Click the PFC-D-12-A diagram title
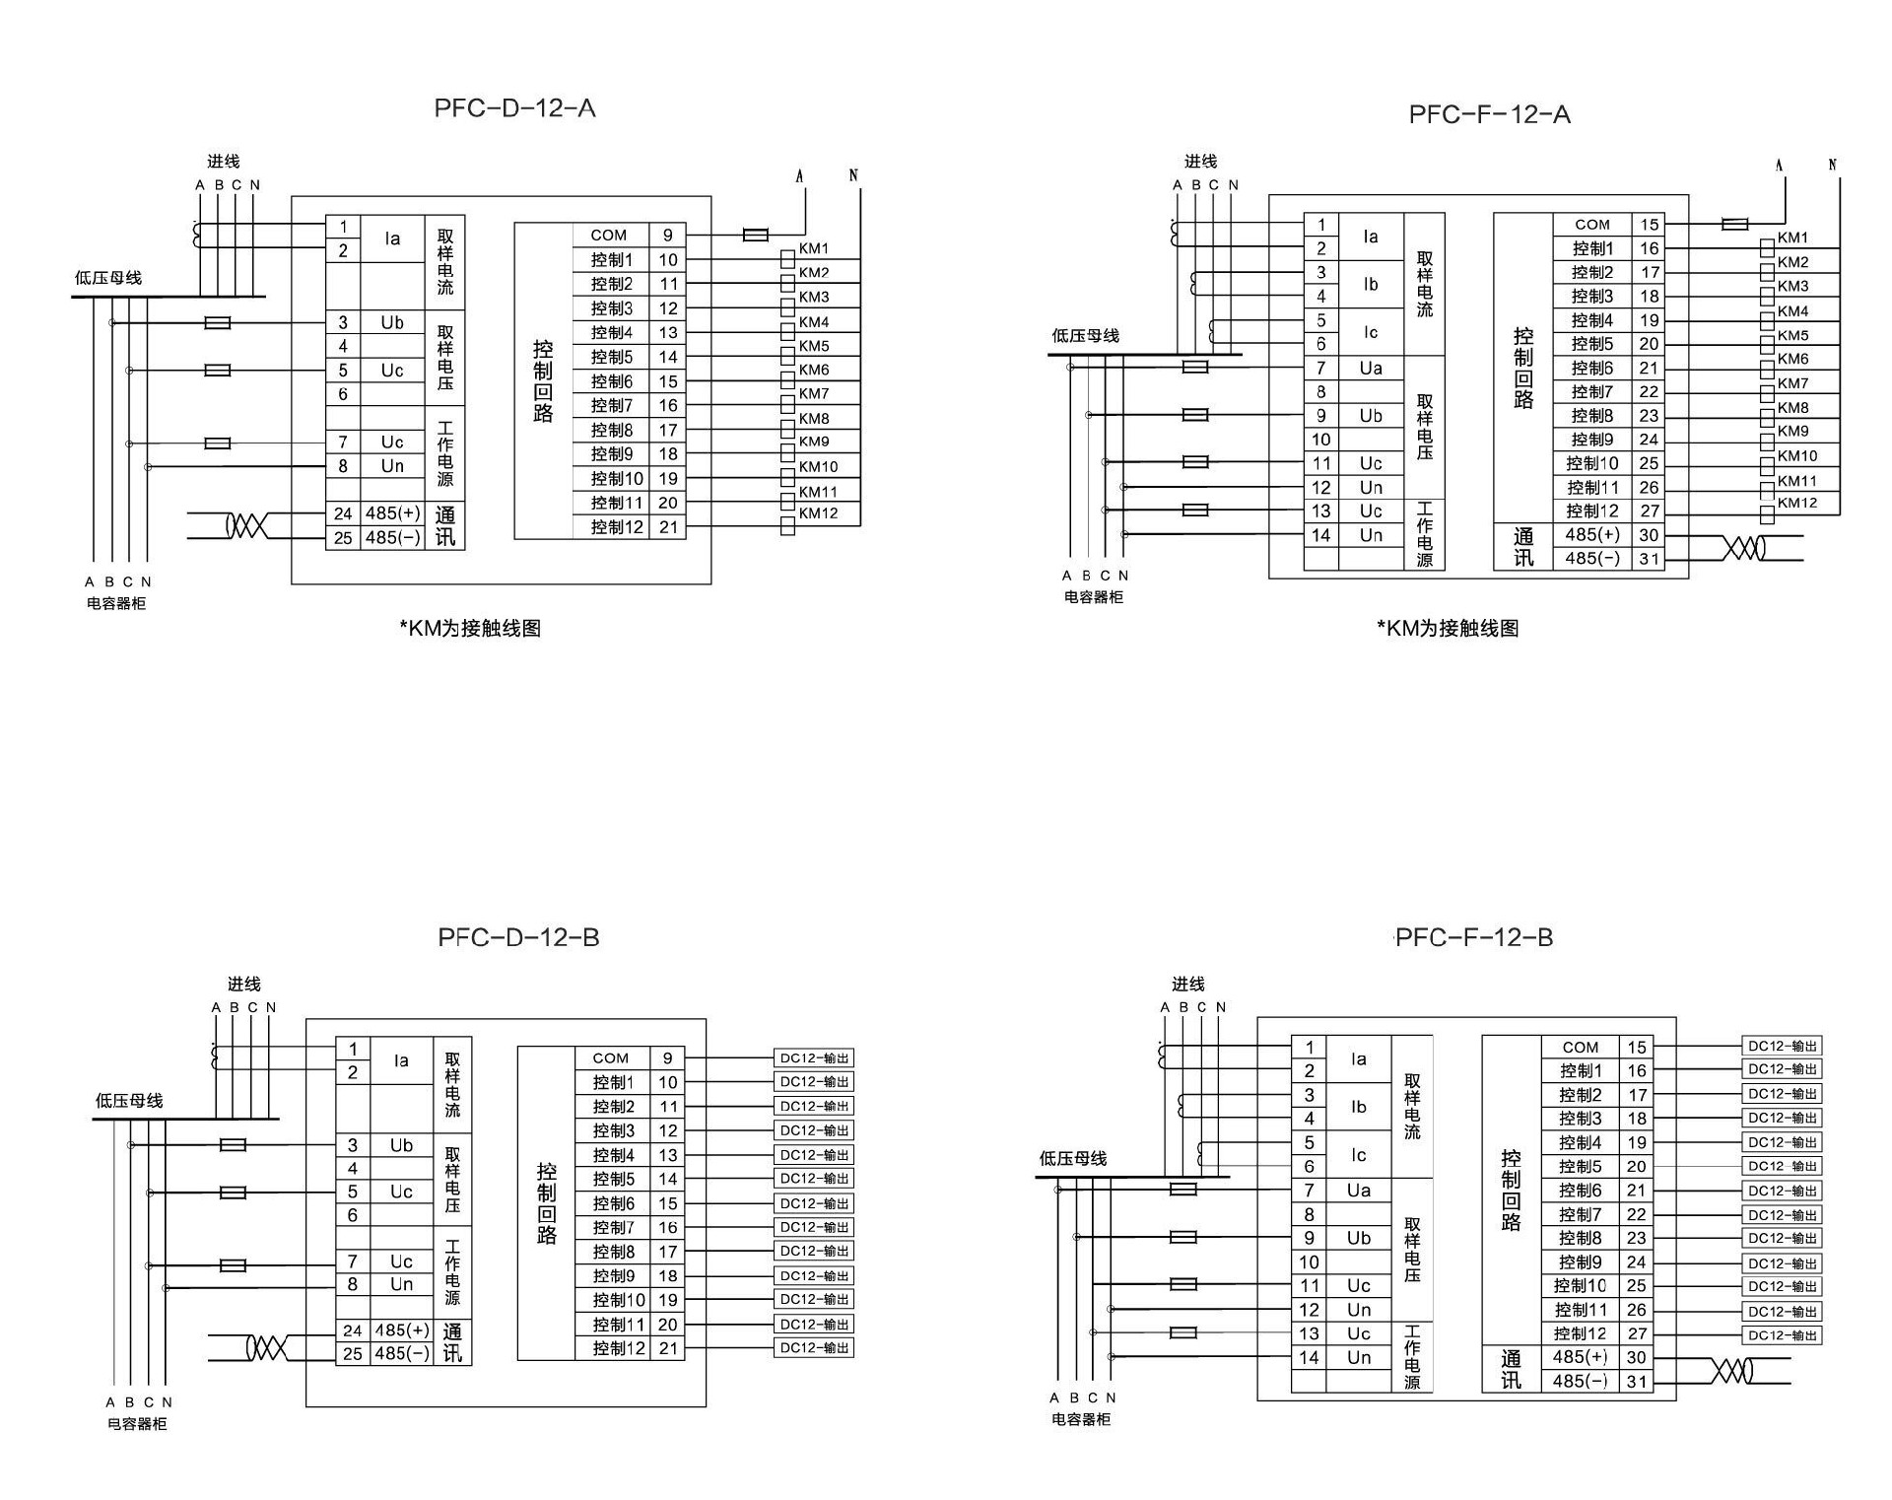click(x=514, y=108)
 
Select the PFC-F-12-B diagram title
click(x=1474, y=937)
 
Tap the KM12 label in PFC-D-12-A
click(x=818, y=513)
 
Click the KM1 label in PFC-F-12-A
click(x=1792, y=238)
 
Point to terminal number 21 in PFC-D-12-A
click(x=668, y=527)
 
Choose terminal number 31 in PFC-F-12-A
click(x=1649, y=559)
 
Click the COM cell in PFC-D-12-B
click(x=611, y=1057)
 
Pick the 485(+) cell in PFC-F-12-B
click(x=1581, y=1357)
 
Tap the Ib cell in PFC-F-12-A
click(x=1371, y=284)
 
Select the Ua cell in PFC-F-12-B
click(x=1359, y=1191)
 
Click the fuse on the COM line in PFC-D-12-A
click(x=756, y=235)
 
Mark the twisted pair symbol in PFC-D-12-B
click(x=266, y=1347)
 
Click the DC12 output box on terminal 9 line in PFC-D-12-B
click(x=814, y=1058)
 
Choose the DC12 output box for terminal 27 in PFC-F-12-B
click(x=1782, y=1335)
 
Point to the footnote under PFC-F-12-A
click(x=1448, y=629)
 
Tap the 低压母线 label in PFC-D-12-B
click(x=129, y=1101)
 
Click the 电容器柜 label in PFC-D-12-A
click(x=116, y=603)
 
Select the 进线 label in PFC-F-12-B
click(x=1188, y=984)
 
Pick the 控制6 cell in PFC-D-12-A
click(x=612, y=381)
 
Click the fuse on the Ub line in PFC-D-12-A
click(x=217, y=322)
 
